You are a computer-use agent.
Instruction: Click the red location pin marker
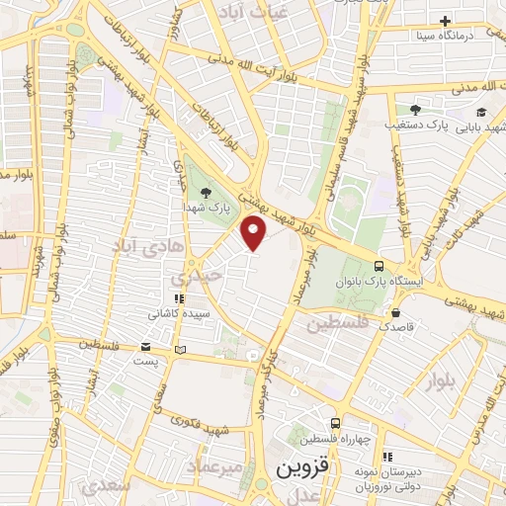(254, 234)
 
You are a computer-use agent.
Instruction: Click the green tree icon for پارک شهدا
(206, 192)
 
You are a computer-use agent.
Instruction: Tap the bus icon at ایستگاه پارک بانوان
(379, 266)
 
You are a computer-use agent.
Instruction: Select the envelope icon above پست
(146, 346)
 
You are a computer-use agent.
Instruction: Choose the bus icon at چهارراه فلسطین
(336, 423)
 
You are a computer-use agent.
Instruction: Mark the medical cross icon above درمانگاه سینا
(446, 20)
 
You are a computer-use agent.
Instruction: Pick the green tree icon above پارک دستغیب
(413, 110)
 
